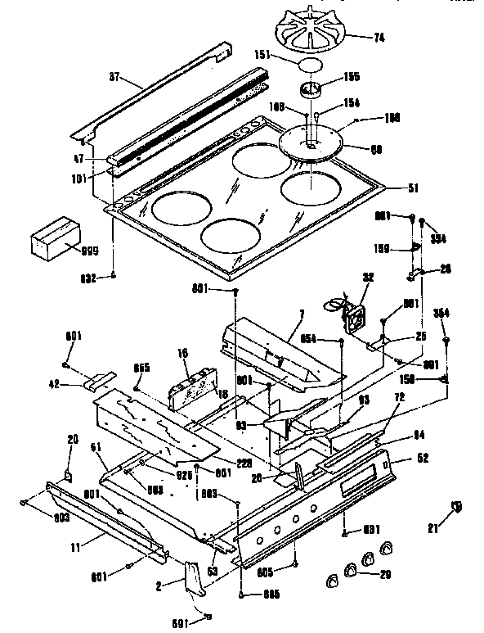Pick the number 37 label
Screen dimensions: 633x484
[x=114, y=79]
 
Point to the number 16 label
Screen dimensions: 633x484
[x=183, y=353]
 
